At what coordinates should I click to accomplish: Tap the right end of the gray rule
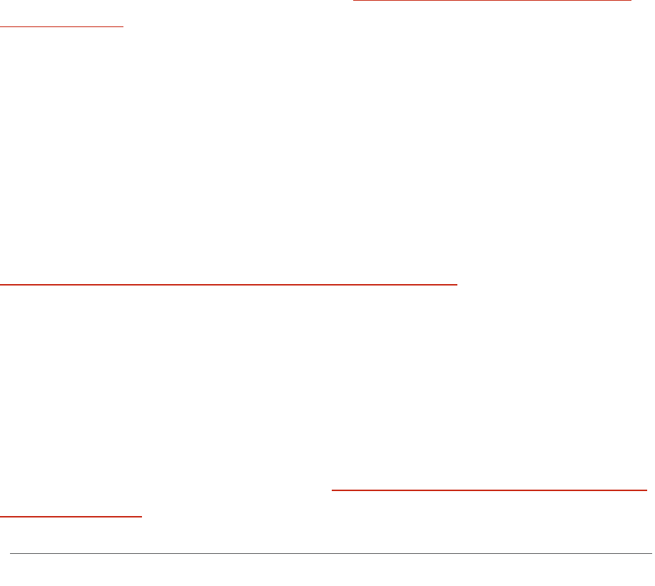pyautogui.click(x=651, y=553)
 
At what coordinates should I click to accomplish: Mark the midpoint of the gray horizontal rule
pyautogui.click(x=331, y=553)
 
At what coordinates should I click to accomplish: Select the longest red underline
pyautogui.click(x=228, y=283)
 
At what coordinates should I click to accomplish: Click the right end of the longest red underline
pyautogui.click(x=456, y=283)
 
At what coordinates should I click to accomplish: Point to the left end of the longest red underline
pyautogui.click(x=1, y=283)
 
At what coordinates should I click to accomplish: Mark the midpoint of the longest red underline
pyautogui.click(x=228, y=283)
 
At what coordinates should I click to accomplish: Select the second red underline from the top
pyautogui.click(x=62, y=26)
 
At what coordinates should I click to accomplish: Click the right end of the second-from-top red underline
pyautogui.click(x=123, y=26)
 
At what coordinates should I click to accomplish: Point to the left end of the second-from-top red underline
pyautogui.click(x=1, y=26)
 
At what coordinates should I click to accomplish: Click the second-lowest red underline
pyautogui.click(x=489, y=490)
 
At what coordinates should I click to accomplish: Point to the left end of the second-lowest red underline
pyautogui.click(x=332, y=490)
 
